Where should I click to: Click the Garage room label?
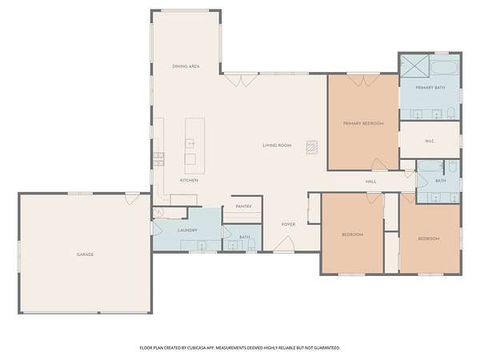85,254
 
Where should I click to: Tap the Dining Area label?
186,66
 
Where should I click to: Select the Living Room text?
277,146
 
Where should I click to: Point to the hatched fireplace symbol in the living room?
312,147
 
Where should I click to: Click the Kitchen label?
189,181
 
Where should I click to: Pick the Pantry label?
244,206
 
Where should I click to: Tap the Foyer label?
288,224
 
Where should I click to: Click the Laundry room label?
188,230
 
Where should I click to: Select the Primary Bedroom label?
363,123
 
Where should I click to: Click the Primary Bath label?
430,87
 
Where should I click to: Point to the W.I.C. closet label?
430,141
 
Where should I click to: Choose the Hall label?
371,182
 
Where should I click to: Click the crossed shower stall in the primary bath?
415,66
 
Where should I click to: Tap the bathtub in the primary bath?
445,68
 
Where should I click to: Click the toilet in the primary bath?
451,114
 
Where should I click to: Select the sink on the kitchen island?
190,143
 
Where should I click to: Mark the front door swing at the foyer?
284,244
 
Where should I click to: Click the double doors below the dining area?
241,80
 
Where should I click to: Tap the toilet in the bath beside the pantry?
252,245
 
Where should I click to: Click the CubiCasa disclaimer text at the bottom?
240,348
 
